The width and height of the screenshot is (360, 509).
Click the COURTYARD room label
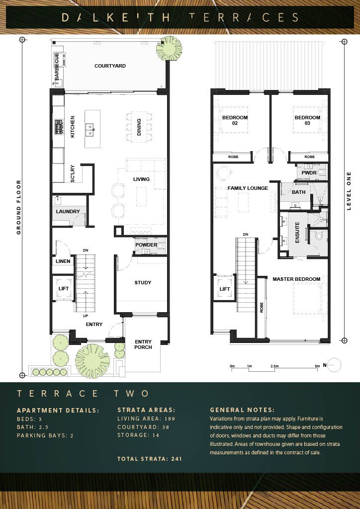(110, 66)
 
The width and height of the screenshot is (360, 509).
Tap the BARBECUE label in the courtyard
(57, 67)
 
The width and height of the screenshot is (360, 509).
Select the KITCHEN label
(73, 127)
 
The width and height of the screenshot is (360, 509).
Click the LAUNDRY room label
(68, 212)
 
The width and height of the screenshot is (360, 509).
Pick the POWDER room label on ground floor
(146, 245)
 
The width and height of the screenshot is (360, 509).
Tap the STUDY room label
(143, 283)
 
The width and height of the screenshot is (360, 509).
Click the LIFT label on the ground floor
(63, 288)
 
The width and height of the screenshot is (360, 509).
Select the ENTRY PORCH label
(143, 344)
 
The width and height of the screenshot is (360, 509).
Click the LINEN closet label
(63, 261)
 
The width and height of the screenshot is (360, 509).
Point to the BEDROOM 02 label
(235, 120)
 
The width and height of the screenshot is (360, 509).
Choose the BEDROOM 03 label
(307, 120)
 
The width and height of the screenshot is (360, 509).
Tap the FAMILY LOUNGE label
(248, 188)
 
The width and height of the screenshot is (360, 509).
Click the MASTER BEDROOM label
(296, 279)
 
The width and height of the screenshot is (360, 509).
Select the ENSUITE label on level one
(297, 233)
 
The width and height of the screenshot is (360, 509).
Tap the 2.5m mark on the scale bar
(274, 366)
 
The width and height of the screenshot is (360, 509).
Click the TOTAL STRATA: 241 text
(150, 459)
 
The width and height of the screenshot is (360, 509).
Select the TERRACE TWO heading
(83, 394)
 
